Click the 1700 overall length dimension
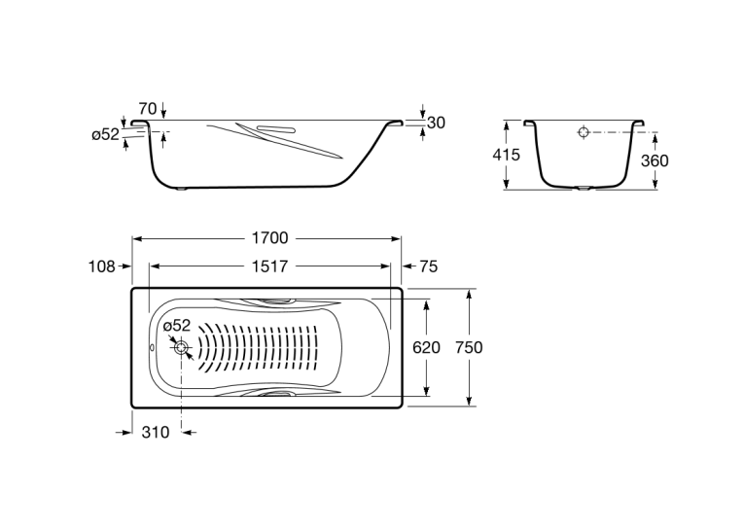(x=269, y=237)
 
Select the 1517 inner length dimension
(x=269, y=266)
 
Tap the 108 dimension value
(x=101, y=266)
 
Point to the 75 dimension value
(x=429, y=266)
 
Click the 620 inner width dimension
(x=426, y=348)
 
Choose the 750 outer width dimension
(x=469, y=348)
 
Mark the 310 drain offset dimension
(x=156, y=432)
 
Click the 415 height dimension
(x=507, y=155)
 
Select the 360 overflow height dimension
(x=655, y=161)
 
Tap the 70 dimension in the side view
(x=148, y=109)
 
